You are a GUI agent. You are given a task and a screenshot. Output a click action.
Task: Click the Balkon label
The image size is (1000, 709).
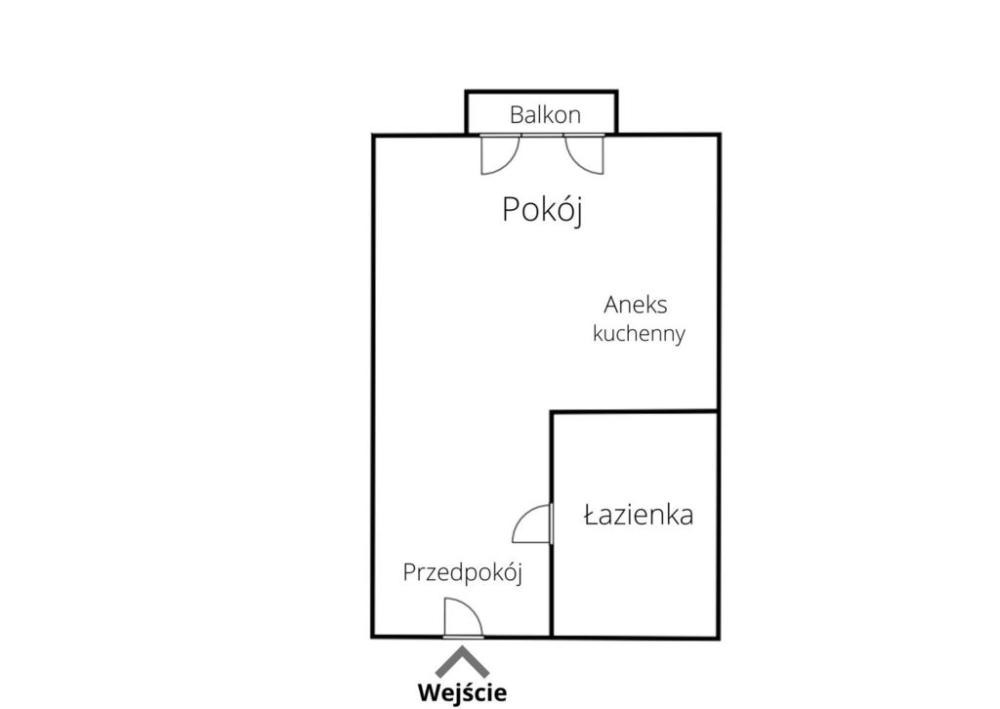pyautogui.click(x=545, y=115)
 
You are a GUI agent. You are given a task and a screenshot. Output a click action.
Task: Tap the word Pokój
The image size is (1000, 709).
pyautogui.click(x=543, y=210)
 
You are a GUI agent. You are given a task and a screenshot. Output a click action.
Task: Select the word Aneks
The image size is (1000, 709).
pyautogui.click(x=635, y=305)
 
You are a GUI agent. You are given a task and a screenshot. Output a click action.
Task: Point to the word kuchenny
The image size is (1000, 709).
pyautogui.click(x=639, y=333)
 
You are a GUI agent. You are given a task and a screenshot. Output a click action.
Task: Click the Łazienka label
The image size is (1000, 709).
pyautogui.click(x=639, y=515)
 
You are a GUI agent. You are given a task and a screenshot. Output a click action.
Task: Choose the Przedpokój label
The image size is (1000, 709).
pyautogui.click(x=463, y=573)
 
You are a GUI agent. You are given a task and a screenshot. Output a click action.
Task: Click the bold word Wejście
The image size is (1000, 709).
pyautogui.click(x=462, y=691)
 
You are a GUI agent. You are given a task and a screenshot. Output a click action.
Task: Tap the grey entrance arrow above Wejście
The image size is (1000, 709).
pyautogui.click(x=462, y=662)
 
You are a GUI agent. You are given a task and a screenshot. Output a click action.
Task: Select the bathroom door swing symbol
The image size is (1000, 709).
pyautogui.click(x=532, y=523)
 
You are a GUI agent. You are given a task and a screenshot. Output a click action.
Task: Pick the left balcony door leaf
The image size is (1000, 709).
pyautogui.click(x=500, y=154)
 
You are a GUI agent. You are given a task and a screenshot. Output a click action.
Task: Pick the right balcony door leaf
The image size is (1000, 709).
pyautogui.click(x=584, y=154)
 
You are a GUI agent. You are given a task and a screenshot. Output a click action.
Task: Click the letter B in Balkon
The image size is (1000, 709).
pyautogui.click(x=517, y=115)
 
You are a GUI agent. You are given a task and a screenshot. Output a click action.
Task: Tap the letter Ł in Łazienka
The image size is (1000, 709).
pyautogui.click(x=592, y=515)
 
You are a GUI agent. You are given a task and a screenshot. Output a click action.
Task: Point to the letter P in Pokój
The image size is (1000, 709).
pyautogui.click(x=510, y=210)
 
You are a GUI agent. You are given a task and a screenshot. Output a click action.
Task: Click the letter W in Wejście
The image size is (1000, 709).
pyautogui.click(x=431, y=691)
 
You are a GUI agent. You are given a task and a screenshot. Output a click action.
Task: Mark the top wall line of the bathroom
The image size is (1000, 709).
pyautogui.click(x=635, y=412)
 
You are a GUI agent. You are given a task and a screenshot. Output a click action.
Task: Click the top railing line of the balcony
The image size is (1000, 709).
pyautogui.click(x=541, y=92)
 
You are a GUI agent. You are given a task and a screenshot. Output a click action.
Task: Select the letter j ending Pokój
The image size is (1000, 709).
pyautogui.click(x=578, y=212)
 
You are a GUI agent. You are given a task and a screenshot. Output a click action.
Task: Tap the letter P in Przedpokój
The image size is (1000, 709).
pyautogui.click(x=409, y=572)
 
